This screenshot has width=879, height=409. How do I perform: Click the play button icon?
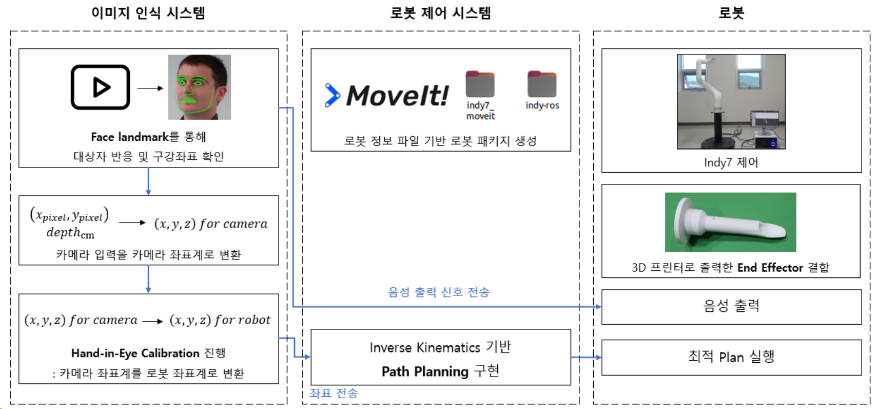point(100,87)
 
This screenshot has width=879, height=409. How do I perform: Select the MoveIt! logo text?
point(397,96)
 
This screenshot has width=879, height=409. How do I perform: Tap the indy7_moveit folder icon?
point(480,84)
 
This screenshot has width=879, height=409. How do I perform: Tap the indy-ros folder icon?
point(542,84)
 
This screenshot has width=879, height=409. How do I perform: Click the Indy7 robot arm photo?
point(731,102)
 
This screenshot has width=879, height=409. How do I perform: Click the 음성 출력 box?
point(731,307)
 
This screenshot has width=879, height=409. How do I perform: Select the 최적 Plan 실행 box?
point(731,357)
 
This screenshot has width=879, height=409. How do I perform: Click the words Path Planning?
point(425,371)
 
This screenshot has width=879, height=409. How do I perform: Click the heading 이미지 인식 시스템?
point(148,13)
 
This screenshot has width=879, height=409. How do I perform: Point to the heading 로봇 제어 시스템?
point(440,13)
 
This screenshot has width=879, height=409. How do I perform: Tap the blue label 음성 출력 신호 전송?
point(439,292)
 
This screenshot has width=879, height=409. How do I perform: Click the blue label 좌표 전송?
point(334,394)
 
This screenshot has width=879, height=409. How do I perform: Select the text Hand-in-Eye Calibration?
point(135,354)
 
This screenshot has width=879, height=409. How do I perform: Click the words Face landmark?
point(129,137)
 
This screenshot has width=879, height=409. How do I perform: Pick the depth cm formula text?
point(70,233)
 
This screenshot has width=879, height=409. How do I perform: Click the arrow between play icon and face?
point(150,88)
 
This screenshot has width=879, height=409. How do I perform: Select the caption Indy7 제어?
point(731,163)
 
